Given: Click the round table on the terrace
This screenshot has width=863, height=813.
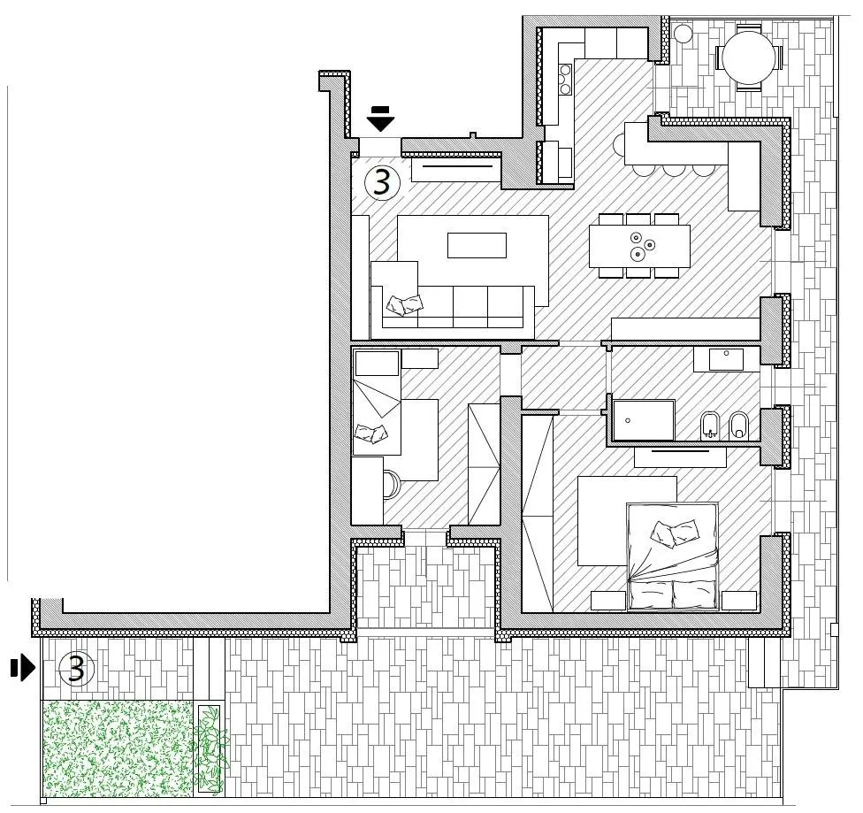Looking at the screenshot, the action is coord(748,58).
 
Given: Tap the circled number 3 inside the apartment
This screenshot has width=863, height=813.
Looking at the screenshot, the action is coord(383,181).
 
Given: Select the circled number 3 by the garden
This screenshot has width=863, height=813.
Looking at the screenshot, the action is coord(77,669).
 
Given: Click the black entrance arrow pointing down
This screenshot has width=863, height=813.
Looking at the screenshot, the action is coord(381,119).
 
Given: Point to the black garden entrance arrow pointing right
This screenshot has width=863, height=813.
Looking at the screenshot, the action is coord(23,668).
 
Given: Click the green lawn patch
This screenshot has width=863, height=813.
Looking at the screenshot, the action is coord(118,748).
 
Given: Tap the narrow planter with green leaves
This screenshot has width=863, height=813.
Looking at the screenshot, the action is coord(210,749).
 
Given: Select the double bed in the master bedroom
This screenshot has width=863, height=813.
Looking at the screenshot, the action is coord(673,556).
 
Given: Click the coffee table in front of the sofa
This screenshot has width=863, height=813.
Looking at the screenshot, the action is coord(477,245).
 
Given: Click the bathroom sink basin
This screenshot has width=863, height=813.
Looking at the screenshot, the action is coord(726,360).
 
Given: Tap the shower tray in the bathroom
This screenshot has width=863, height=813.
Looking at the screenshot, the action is coord(644,420).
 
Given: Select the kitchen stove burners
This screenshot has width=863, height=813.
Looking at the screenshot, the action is coord(565,80).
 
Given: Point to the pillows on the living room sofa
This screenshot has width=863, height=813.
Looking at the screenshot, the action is coord(405,304).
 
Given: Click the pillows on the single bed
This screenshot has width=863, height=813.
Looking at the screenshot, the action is coord(371,433).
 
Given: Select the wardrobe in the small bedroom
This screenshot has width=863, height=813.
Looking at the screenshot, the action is coord(484,464).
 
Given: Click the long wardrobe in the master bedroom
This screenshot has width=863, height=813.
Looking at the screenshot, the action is coord(538,513).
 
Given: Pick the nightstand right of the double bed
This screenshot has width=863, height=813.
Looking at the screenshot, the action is coord(739,601).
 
